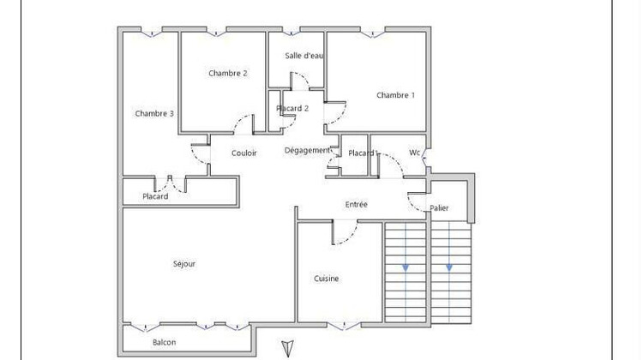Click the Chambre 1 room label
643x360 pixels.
point(395,95)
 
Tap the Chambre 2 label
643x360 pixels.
point(228,74)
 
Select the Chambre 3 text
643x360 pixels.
point(154,114)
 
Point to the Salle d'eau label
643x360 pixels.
point(303,56)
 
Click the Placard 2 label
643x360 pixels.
point(292,109)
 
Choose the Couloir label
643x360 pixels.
point(244,153)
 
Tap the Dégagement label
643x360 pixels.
point(307,151)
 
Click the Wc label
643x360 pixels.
point(415,153)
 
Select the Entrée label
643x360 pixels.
point(357,205)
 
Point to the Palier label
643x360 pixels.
point(439,208)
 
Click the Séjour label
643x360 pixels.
point(184,264)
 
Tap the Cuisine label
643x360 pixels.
point(326,279)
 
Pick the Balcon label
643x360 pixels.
point(165,343)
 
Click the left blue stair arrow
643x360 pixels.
point(406,267)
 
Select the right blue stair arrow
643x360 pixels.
point(448,267)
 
